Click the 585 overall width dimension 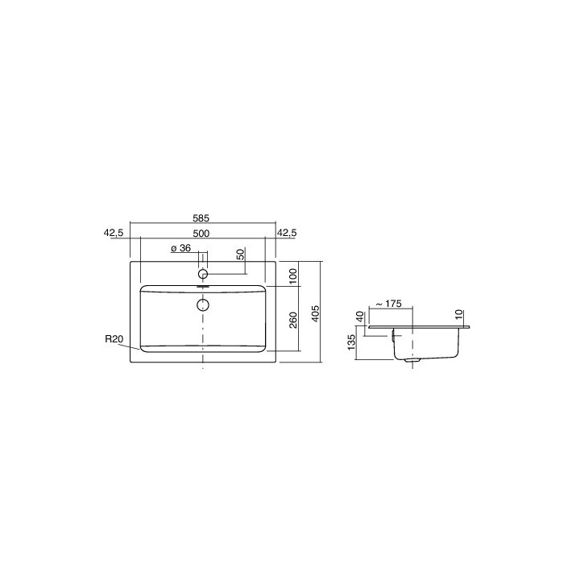(x=202, y=217)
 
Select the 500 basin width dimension (x=202, y=233)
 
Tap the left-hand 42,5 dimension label (x=114, y=233)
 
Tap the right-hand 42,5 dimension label (x=287, y=233)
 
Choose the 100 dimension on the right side (x=293, y=274)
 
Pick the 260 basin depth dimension (x=293, y=320)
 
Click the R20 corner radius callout (x=114, y=339)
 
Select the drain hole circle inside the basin (x=203, y=304)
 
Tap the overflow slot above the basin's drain (x=203, y=286)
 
